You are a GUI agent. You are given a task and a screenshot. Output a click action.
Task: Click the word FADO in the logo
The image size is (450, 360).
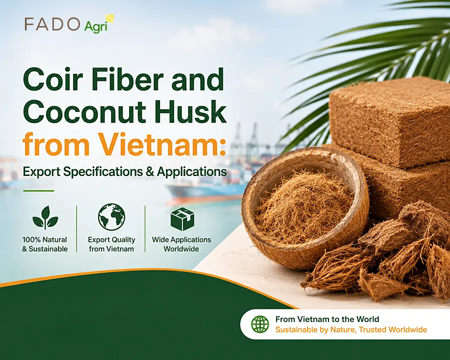51,24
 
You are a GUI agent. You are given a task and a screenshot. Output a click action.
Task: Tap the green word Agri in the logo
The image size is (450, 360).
96,26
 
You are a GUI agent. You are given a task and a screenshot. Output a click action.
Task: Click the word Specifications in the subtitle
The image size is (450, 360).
103,171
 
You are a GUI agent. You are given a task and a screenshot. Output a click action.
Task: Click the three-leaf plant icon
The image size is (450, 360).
45,217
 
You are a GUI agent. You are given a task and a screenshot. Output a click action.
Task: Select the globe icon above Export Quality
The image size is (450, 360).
111,217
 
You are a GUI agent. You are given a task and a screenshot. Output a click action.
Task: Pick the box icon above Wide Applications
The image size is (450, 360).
182,219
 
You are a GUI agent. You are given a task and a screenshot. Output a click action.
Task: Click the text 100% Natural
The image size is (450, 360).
44,239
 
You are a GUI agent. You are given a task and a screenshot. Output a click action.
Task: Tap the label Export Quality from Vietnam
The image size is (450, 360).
111,244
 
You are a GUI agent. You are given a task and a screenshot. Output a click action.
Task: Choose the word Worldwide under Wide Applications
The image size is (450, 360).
181,249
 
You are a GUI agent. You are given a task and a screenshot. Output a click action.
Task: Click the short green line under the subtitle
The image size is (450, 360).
38,190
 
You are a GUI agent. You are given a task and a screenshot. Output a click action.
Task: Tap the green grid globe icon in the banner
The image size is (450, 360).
260,324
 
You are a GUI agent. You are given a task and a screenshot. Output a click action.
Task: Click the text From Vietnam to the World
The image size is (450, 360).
327,319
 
